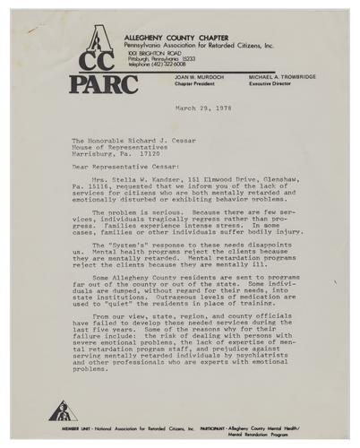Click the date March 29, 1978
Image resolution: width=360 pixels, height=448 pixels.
point(204,108)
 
